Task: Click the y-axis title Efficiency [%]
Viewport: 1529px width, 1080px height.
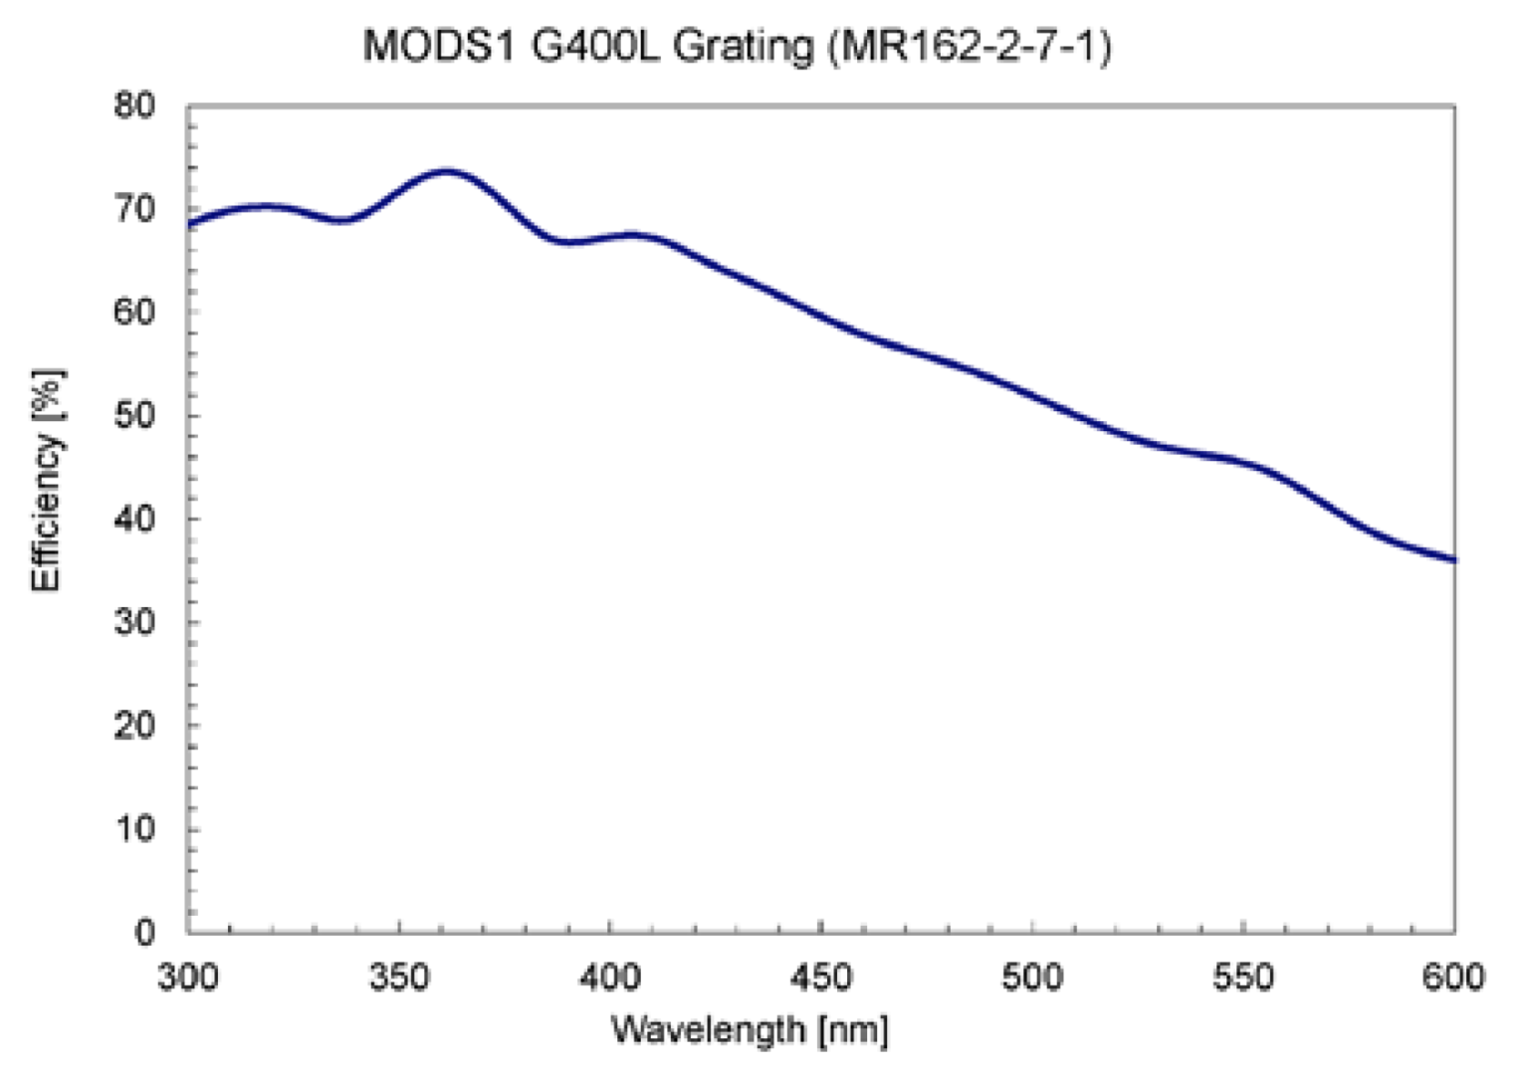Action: pyautogui.click(x=47, y=480)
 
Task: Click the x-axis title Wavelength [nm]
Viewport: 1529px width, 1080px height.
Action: pyautogui.click(x=749, y=1029)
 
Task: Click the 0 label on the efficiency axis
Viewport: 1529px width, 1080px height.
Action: pyautogui.click(x=145, y=932)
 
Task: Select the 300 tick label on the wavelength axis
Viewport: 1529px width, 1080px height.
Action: pyautogui.click(x=188, y=976)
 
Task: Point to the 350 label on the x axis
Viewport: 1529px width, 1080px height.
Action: pyautogui.click(x=399, y=976)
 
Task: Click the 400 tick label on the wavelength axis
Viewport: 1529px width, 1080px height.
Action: pyautogui.click(x=610, y=976)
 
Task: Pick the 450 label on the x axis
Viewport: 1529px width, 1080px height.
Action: pyautogui.click(x=821, y=976)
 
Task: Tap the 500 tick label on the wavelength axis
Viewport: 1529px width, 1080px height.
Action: pyautogui.click(x=1032, y=976)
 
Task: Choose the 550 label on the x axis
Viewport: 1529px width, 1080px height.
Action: pyautogui.click(x=1243, y=976)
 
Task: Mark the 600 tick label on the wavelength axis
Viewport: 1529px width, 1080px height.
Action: pyautogui.click(x=1453, y=976)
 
